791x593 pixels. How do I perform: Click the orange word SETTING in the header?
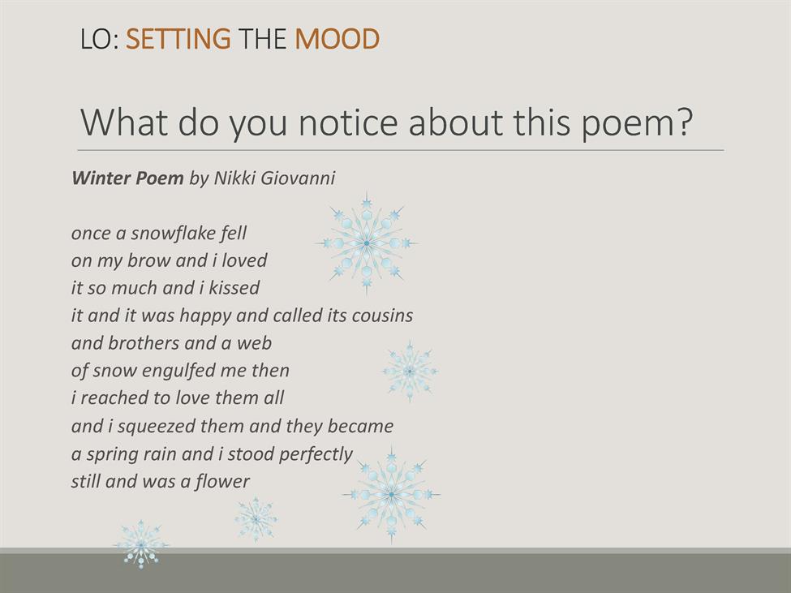tap(178, 39)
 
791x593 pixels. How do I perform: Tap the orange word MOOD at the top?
tap(337, 39)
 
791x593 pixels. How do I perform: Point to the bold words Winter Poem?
tap(127, 178)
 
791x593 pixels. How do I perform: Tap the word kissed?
tap(234, 287)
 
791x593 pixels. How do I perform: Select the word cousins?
tap(382, 315)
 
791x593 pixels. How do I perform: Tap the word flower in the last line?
tap(222, 481)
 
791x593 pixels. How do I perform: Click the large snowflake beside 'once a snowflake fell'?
tap(367, 243)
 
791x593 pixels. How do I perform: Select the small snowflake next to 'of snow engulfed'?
tap(410, 372)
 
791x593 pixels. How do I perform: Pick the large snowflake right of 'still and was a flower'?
tap(392, 495)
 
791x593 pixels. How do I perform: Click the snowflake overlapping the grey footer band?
tap(141, 544)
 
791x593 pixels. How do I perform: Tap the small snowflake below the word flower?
tap(256, 519)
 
